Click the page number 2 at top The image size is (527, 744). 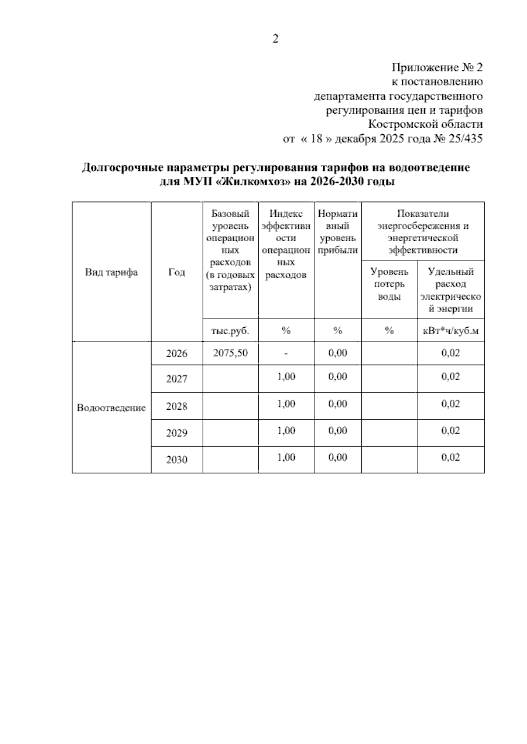tap(275, 39)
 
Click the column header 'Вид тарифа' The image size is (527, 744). tap(111, 272)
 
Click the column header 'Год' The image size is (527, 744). tap(177, 272)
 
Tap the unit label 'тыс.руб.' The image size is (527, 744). tap(230, 331)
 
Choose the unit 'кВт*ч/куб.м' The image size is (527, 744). tap(451, 331)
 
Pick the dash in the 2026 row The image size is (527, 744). tap(286, 354)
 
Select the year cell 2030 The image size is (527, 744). tap(177, 460)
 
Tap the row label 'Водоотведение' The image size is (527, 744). tap(111, 408)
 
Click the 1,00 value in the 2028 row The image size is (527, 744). tap(286, 404)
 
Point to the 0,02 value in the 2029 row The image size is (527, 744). tap(451, 431)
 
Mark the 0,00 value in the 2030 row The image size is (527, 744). tap(338, 458)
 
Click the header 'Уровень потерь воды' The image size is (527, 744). tap(389, 284)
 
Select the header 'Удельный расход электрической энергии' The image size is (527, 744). tap(451, 290)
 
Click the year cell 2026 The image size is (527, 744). tap(177, 354)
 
